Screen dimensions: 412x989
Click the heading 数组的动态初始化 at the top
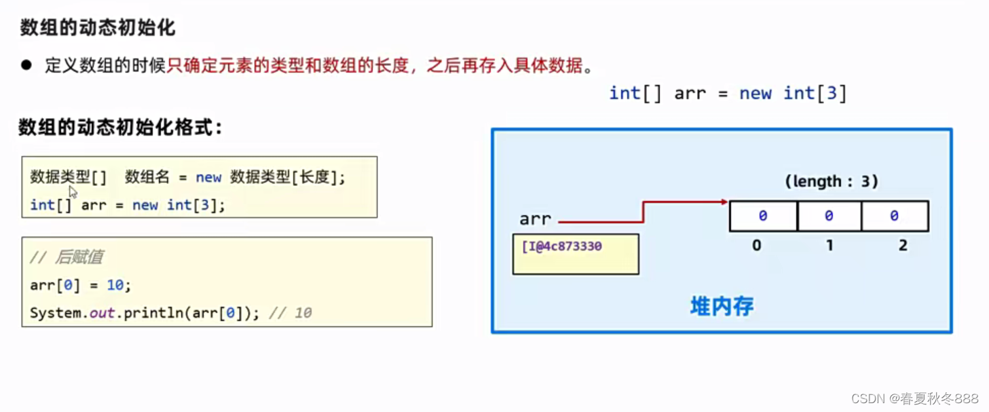click(97, 28)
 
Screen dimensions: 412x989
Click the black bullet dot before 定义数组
click(26, 65)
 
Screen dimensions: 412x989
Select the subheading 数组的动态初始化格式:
click(120, 128)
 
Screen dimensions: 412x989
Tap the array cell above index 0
click(762, 216)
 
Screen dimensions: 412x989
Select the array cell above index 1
click(829, 216)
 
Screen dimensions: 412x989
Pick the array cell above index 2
click(895, 216)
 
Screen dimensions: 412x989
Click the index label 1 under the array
click(829, 246)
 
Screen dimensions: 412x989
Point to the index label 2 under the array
click(903, 246)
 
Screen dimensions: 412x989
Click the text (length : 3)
click(832, 181)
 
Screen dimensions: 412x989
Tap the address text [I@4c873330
click(561, 246)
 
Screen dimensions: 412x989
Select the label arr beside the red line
click(535, 219)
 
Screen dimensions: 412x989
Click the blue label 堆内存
click(722, 306)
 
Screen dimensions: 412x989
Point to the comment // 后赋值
click(67, 257)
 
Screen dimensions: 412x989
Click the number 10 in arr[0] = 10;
click(115, 286)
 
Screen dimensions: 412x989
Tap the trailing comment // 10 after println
click(291, 314)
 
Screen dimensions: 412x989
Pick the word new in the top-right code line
click(755, 93)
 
